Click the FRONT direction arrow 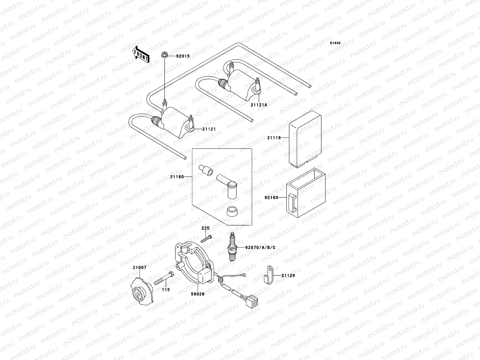pos(141,54)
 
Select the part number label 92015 pos(183,56)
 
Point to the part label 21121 pos(209,129)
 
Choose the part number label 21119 pos(274,138)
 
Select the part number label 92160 pos(271,198)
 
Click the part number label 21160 pos(177,177)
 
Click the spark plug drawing pos(232,247)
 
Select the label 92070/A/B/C pos(260,247)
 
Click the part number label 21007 pos(139,267)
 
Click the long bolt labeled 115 pos(164,278)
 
